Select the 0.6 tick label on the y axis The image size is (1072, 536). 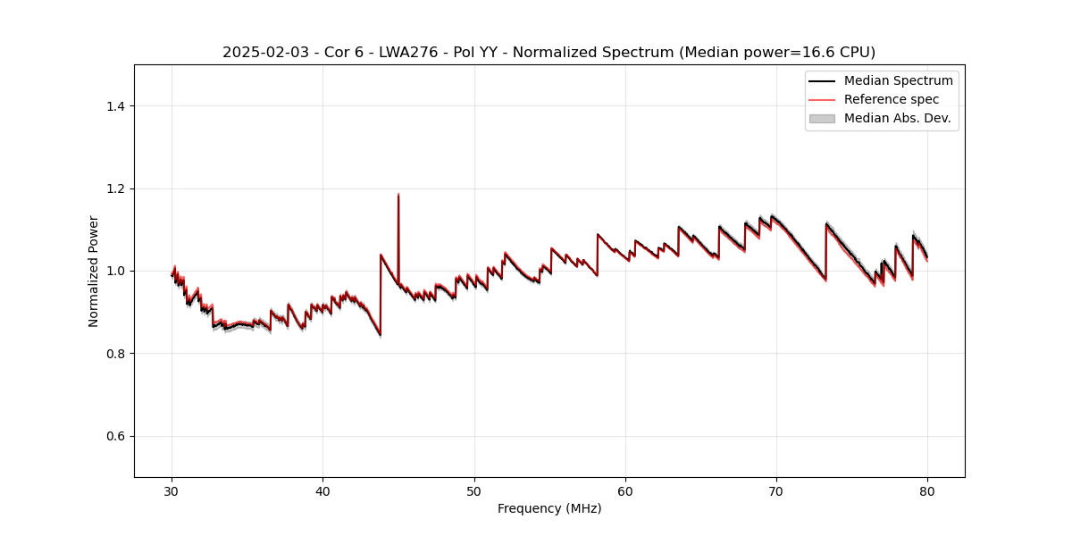point(115,436)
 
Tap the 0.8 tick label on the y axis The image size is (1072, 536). point(115,354)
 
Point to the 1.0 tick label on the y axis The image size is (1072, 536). point(115,271)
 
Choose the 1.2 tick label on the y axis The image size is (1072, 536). point(115,188)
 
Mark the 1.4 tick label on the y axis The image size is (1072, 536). point(115,106)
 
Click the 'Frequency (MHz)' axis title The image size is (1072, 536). point(549,508)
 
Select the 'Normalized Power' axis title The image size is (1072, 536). point(94,271)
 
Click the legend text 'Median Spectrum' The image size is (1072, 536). point(898,80)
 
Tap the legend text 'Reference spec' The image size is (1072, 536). point(892,99)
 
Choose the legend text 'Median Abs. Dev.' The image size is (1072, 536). point(897,118)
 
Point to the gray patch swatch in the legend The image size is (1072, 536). point(822,118)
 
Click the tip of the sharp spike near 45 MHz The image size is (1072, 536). point(398,194)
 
